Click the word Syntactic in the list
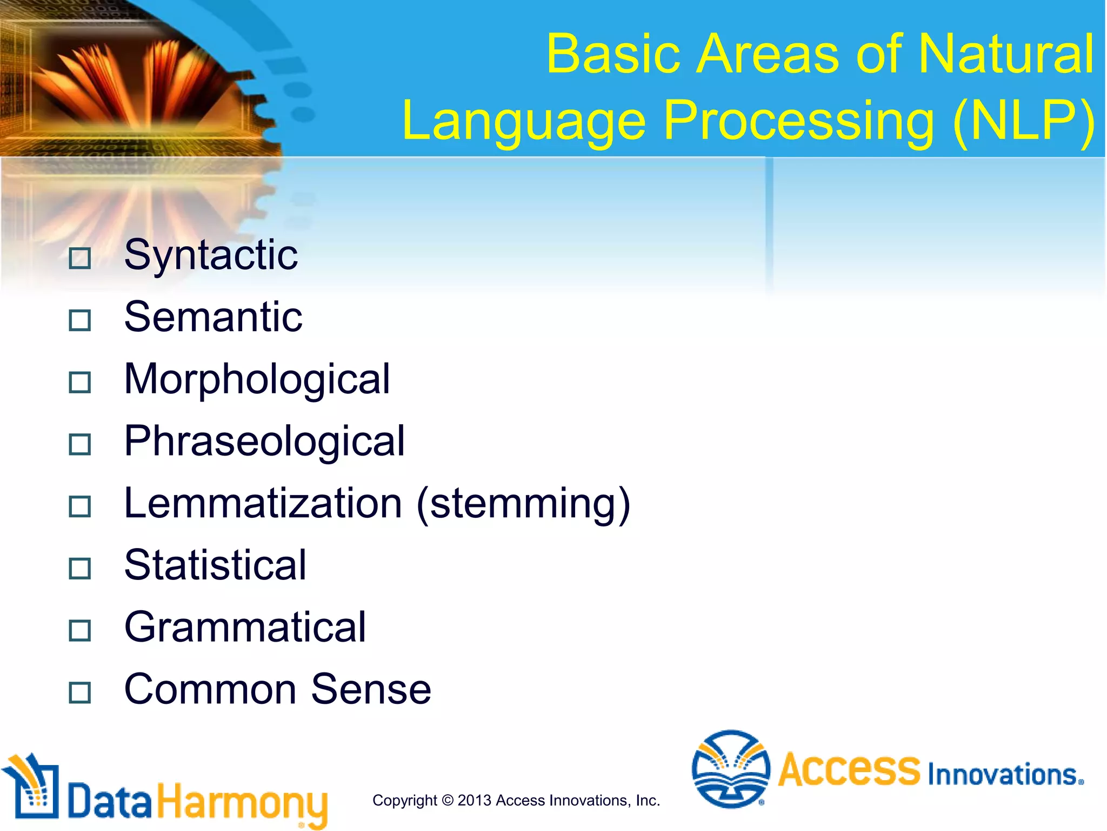211,255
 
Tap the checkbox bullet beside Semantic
80,320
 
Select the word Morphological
257,379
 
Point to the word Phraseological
264,441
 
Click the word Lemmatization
263,503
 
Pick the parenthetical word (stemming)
523,504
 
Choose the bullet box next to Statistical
80,569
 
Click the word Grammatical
245,628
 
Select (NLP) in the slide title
1024,122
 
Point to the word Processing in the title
798,122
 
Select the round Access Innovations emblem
731,769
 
